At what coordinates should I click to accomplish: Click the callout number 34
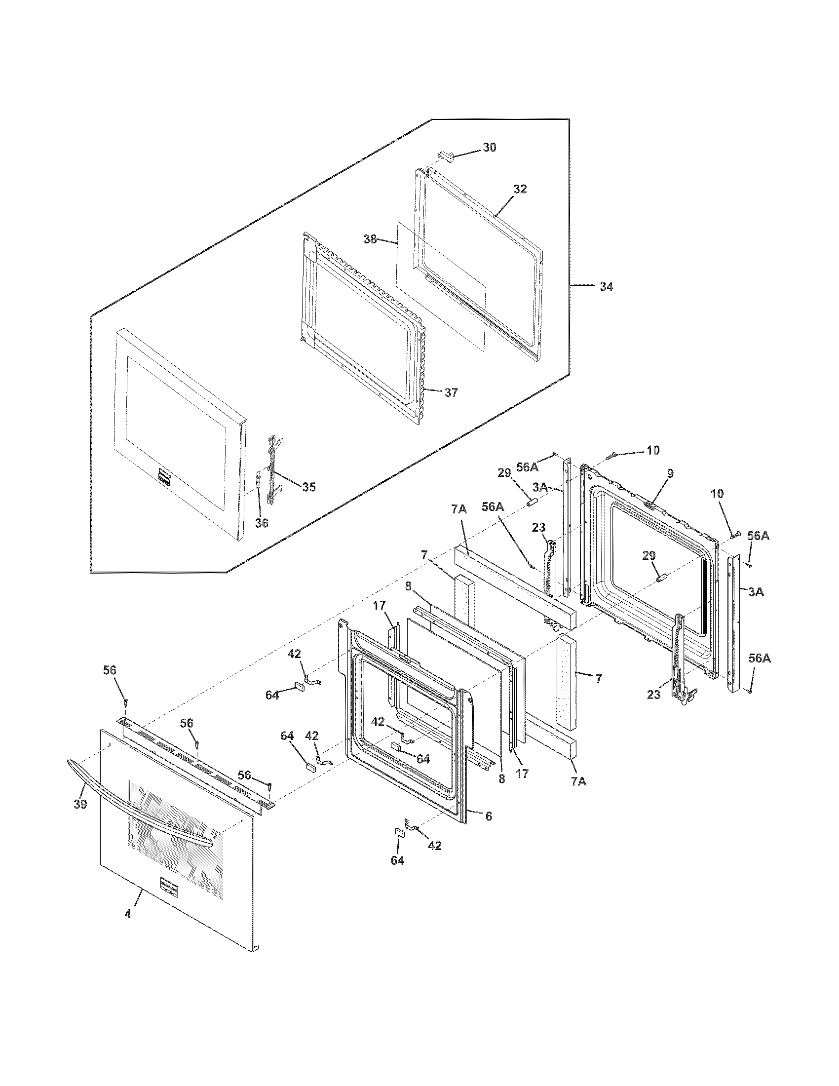click(x=606, y=287)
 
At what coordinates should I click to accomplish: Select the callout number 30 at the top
click(x=489, y=148)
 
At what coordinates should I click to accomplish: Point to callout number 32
click(x=520, y=189)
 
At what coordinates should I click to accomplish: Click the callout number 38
click(x=370, y=239)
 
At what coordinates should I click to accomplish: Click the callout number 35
click(x=308, y=487)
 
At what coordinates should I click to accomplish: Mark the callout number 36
click(x=262, y=523)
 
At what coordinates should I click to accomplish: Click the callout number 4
click(x=128, y=928)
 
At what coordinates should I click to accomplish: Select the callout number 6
click(x=489, y=816)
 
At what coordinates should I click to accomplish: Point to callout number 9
click(x=670, y=473)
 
